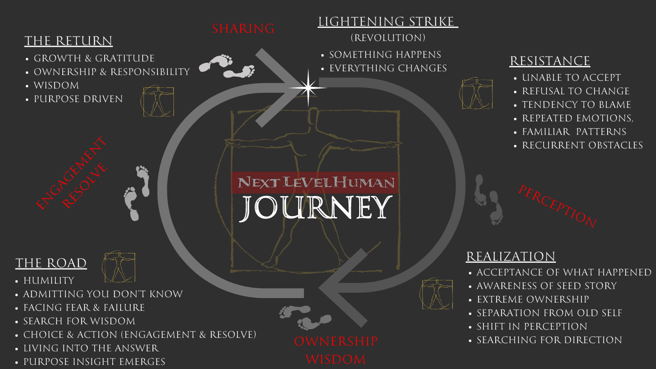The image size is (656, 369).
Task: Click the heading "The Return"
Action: point(68,41)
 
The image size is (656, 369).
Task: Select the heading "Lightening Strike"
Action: point(387,22)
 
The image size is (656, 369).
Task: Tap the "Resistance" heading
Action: point(549,61)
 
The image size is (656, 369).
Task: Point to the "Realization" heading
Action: point(510,257)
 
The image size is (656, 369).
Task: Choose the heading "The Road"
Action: point(51,263)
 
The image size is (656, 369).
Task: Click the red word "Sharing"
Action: point(243,29)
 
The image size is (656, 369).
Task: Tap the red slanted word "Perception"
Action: point(557,206)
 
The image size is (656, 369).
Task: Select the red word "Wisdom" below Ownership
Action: point(335,360)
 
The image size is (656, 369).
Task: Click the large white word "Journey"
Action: point(315,207)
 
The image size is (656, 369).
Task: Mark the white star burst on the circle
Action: point(308,88)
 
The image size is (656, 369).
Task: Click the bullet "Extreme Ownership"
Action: point(533,299)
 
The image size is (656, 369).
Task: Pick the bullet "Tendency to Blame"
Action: point(576,105)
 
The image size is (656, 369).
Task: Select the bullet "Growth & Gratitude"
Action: point(94,58)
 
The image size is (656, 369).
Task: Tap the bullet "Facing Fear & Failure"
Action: point(84,307)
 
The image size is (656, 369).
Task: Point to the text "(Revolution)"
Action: point(388,38)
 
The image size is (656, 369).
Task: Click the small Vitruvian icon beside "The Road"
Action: point(119,267)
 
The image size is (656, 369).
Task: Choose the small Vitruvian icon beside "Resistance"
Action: point(476,93)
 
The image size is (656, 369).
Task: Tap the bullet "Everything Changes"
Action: point(388,68)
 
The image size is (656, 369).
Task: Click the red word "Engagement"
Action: point(71,173)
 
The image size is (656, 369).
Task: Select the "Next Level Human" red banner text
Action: point(315,182)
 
